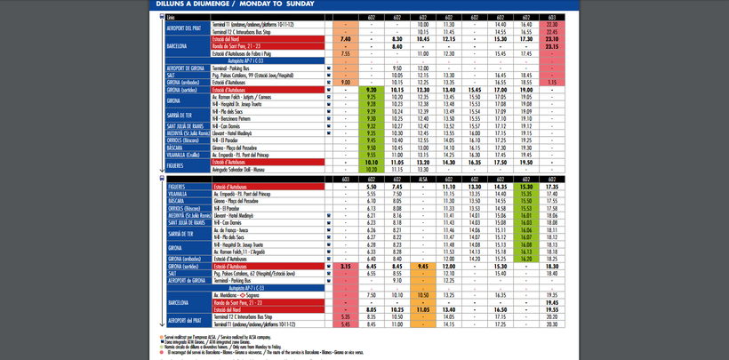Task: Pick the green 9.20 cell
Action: tap(372, 89)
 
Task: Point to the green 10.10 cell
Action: tap(372, 163)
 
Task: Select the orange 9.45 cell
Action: tap(424, 265)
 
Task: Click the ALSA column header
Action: tap(424, 180)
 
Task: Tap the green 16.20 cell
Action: tap(526, 258)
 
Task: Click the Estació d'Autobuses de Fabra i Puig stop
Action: tap(258, 53)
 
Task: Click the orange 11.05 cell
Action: tap(397, 163)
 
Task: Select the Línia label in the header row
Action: tap(172, 17)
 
